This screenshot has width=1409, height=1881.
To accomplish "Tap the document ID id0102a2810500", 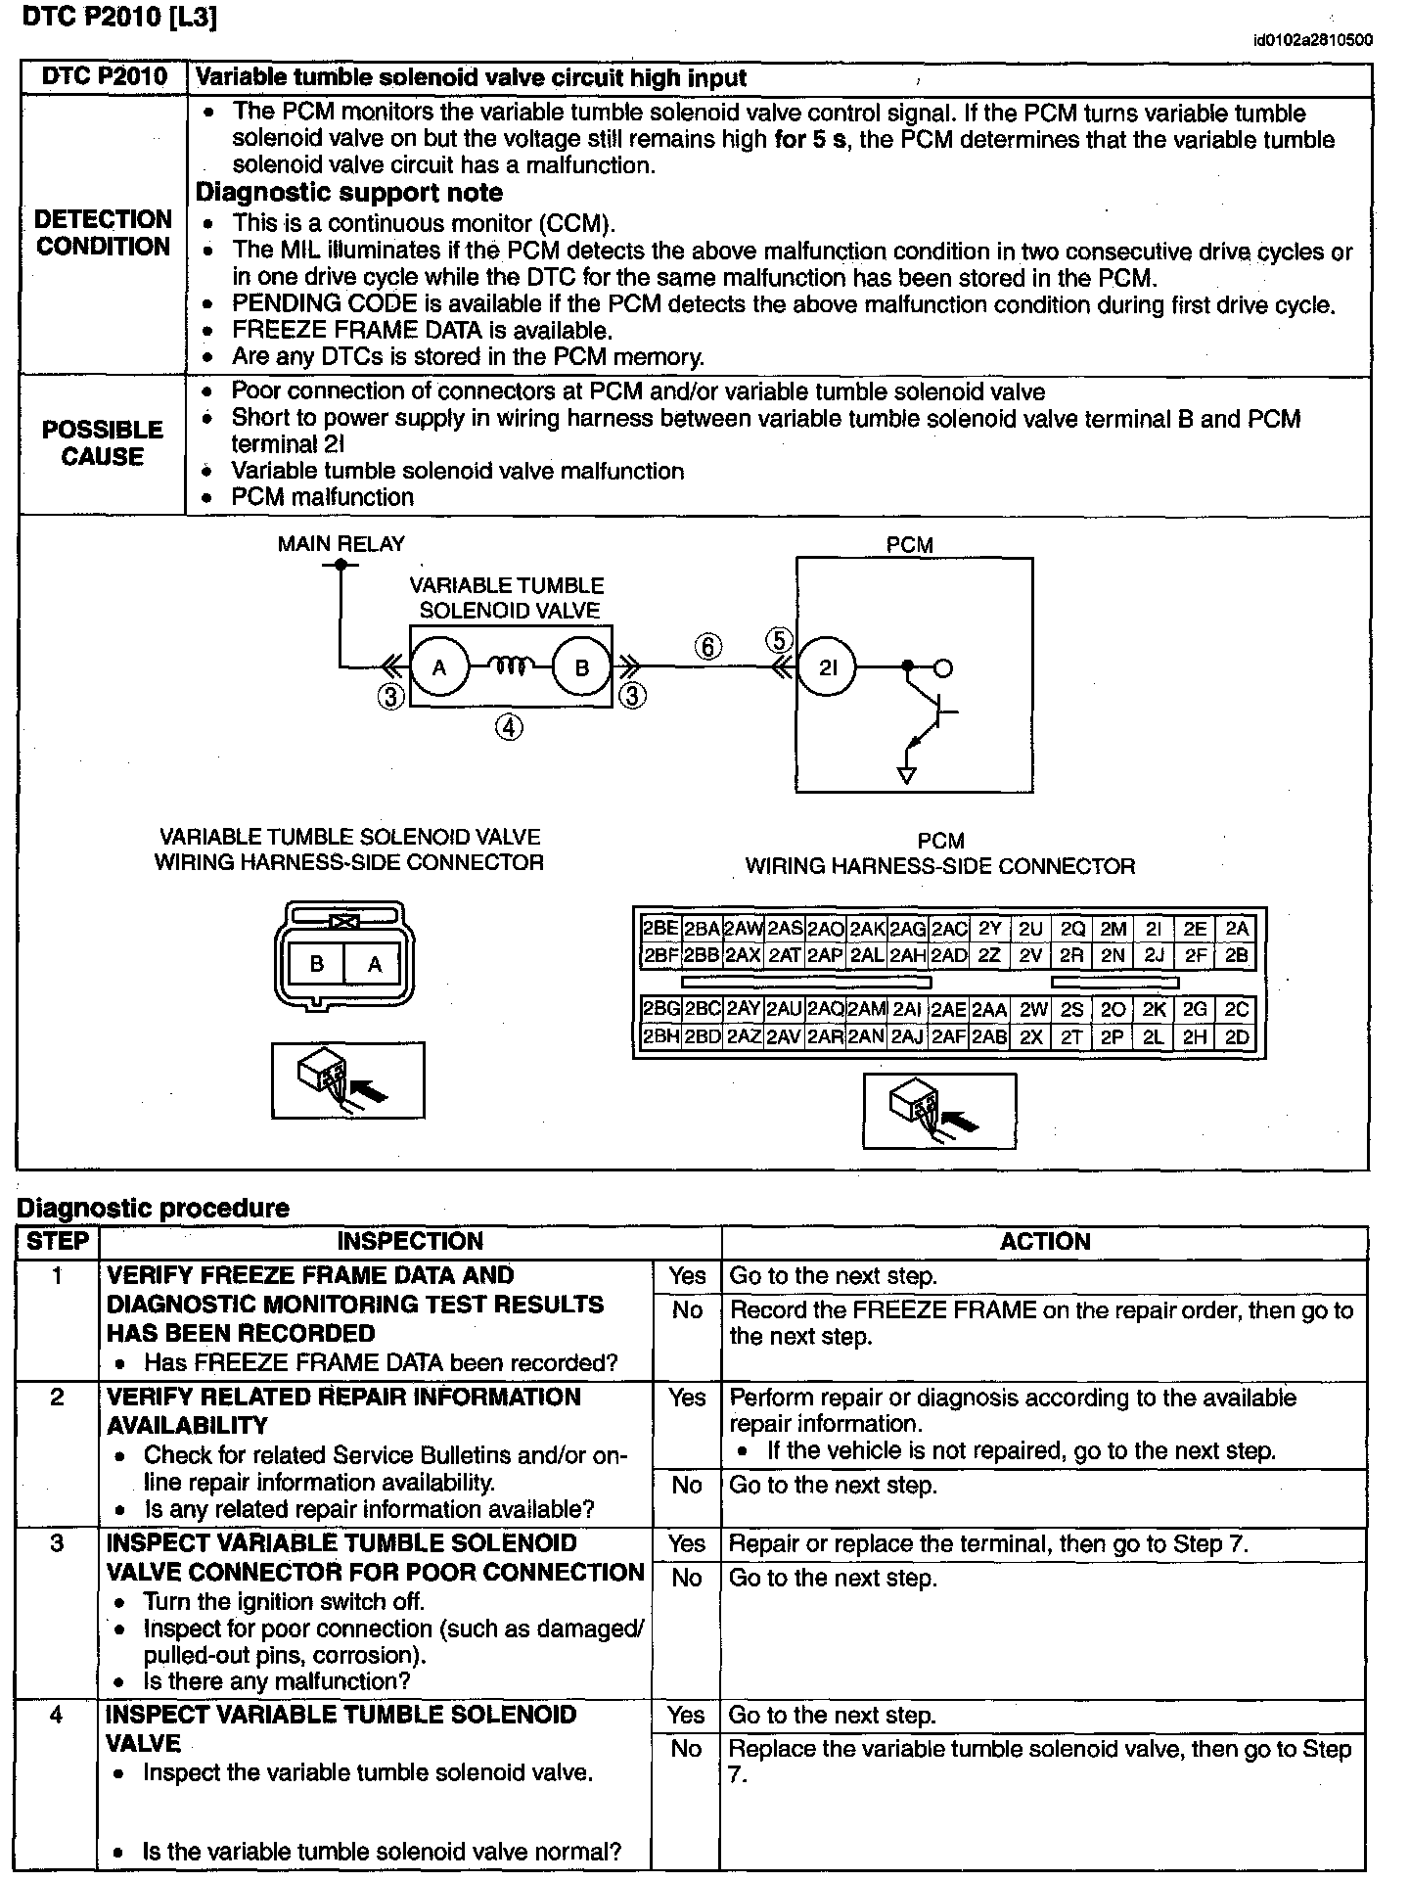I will click(x=1313, y=40).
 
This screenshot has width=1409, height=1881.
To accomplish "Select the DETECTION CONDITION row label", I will click(x=103, y=233).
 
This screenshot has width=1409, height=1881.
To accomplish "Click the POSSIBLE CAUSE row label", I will click(x=103, y=443).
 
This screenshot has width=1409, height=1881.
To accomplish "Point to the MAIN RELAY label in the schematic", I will click(x=341, y=544).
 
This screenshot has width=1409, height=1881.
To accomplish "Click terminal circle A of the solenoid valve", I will click(x=439, y=667).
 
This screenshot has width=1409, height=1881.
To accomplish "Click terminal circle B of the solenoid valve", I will click(x=582, y=667).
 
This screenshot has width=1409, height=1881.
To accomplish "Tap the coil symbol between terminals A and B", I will click(x=510, y=667).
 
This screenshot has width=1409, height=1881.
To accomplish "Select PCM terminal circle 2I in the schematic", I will click(x=828, y=667).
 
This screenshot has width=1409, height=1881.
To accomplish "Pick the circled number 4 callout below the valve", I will click(x=509, y=727).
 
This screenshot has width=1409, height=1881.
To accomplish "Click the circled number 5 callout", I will click(x=779, y=641).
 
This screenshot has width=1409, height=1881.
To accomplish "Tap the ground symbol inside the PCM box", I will click(x=907, y=775).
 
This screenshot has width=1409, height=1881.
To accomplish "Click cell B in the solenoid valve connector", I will click(x=317, y=964).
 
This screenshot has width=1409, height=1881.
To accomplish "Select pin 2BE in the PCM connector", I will click(x=660, y=929).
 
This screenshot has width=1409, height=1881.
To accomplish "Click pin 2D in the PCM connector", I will click(x=1237, y=1037).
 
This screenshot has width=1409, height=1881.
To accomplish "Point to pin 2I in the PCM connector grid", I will click(x=1154, y=929).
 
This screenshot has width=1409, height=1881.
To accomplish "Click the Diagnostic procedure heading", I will click(x=153, y=1208).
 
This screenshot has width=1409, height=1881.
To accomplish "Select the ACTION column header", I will click(x=1044, y=1242).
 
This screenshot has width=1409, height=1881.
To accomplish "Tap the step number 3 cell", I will click(x=58, y=1543).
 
